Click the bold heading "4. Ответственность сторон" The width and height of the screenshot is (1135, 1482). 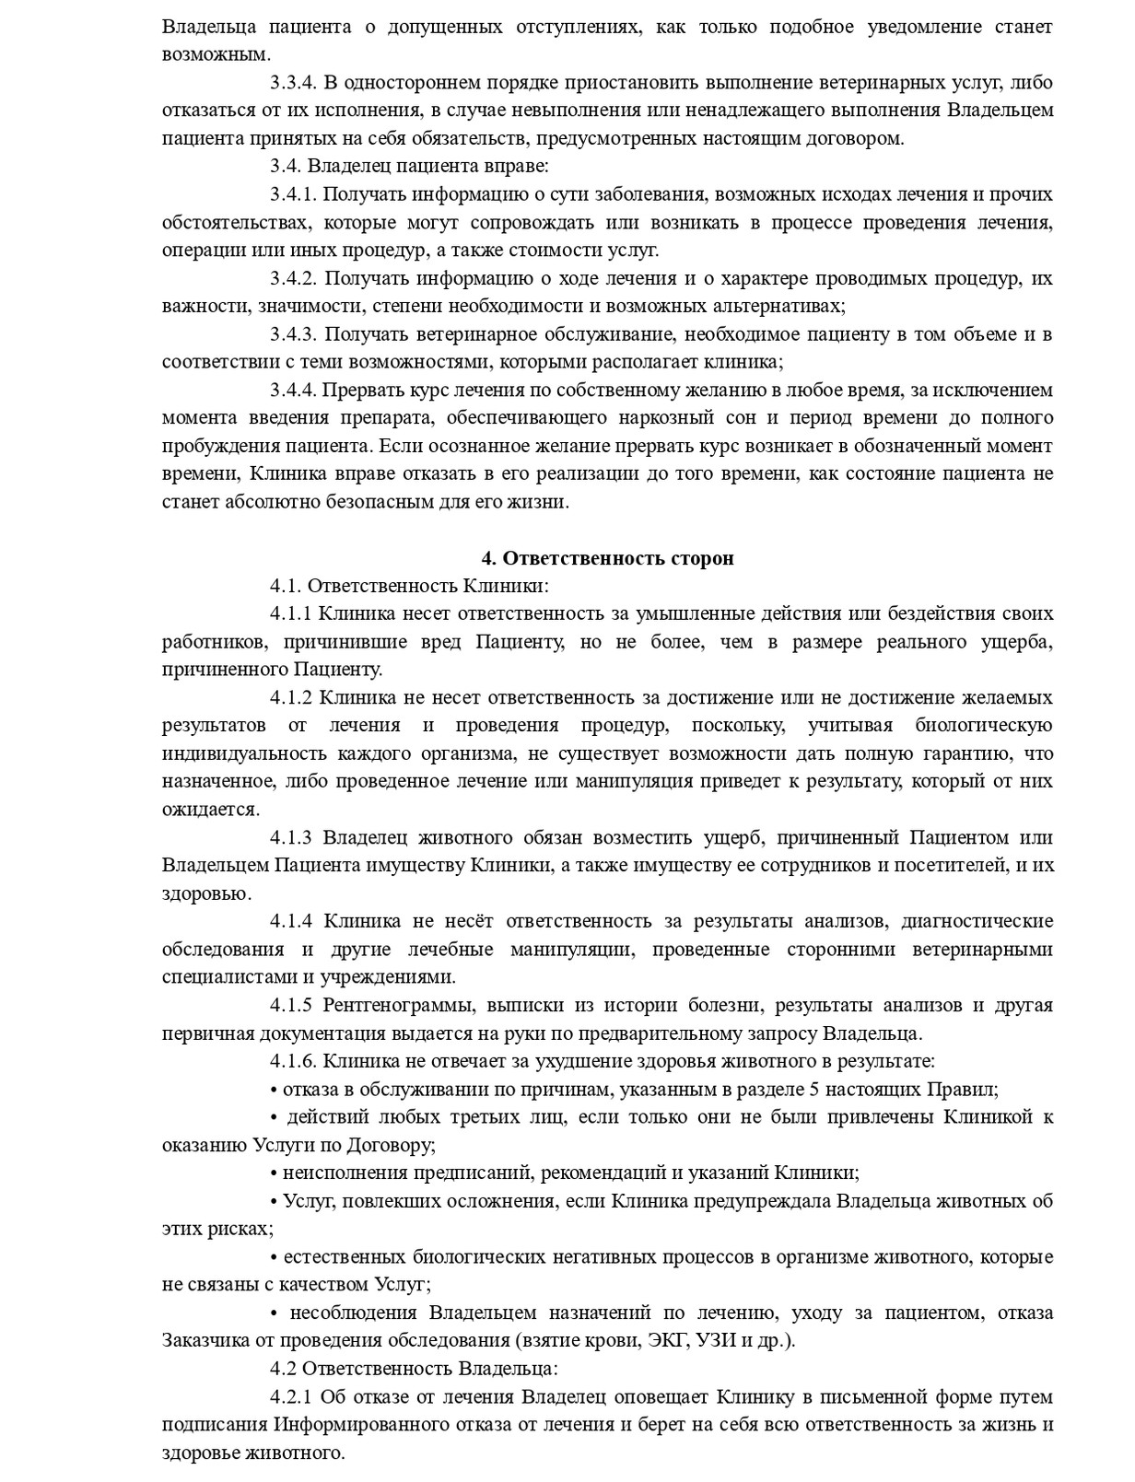[608, 558]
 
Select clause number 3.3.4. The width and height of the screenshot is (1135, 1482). [293, 83]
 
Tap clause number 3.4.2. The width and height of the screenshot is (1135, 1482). [293, 278]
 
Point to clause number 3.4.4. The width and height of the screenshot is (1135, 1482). [293, 391]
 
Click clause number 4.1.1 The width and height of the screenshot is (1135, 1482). [291, 613]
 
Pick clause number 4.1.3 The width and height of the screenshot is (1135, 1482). [291, 837]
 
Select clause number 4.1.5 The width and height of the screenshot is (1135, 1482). [291, 1005]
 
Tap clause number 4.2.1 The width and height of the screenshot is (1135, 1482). [291, 1397]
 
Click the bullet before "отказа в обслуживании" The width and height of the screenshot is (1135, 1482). [274, 1090]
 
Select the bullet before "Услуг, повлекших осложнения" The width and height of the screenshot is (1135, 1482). [274, 1202]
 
